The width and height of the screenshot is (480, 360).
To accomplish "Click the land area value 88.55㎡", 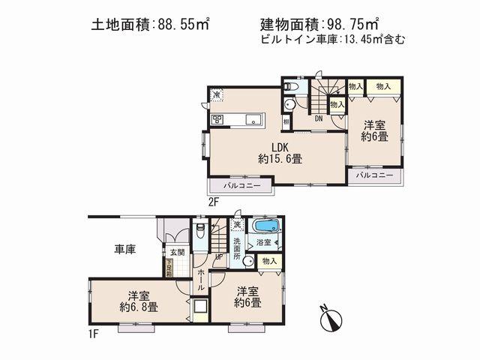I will coord(184,24).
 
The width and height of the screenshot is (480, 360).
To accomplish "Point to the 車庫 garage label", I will coord(124,249).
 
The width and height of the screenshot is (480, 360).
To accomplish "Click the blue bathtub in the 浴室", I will coord(264,226).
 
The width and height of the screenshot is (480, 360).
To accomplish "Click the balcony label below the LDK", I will coord(241,184).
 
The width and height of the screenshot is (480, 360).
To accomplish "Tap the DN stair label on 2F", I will coord(319,118).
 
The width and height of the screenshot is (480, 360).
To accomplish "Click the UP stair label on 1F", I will coord(219,256).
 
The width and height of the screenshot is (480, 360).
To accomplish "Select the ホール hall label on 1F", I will coord(201,281).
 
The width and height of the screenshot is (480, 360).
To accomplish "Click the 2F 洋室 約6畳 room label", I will coord(373,131).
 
